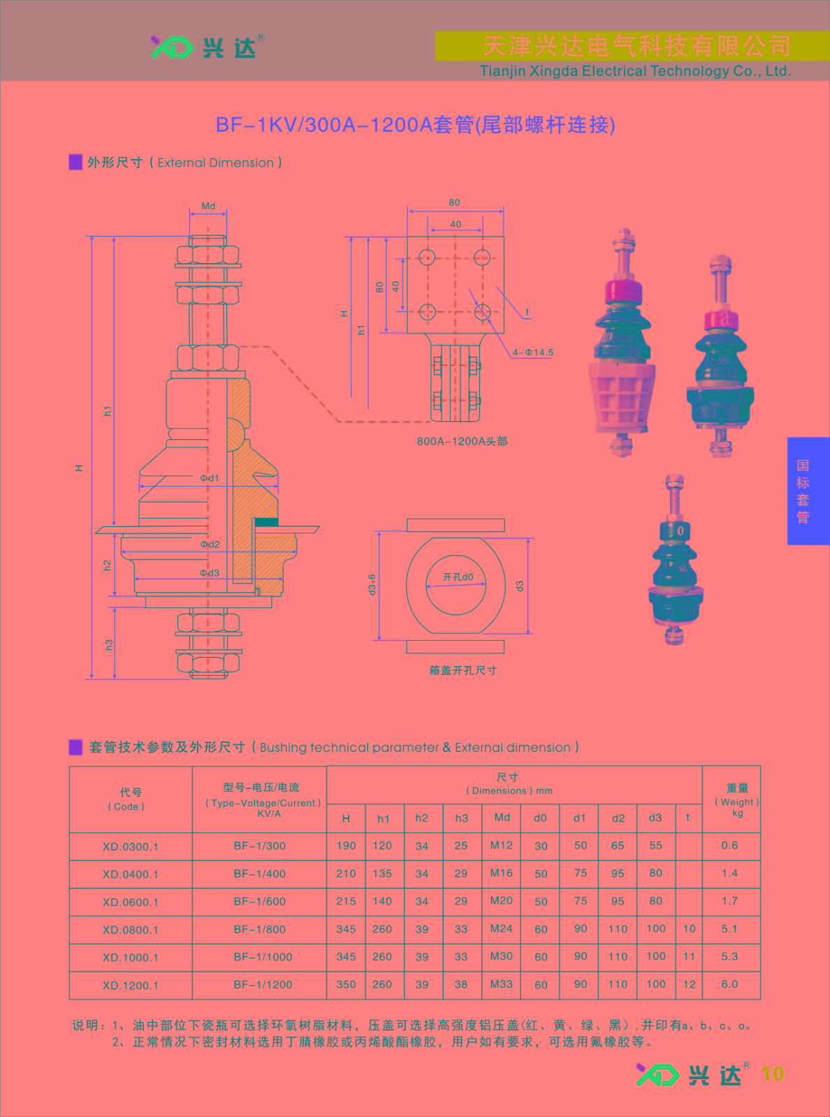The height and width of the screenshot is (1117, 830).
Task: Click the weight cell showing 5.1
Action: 729,929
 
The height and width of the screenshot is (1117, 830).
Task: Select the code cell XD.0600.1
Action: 131,902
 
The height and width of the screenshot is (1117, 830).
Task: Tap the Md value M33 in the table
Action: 502,984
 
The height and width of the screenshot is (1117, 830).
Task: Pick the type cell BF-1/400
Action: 259,874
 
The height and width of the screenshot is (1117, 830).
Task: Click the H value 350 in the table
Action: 347,984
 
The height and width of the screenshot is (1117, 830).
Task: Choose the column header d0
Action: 540,818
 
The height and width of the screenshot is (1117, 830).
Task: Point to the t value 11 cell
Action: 689,956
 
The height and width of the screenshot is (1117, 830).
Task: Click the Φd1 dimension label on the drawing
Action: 210,478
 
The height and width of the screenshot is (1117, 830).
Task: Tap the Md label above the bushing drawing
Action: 208,206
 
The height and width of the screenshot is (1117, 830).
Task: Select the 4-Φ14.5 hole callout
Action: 532,352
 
